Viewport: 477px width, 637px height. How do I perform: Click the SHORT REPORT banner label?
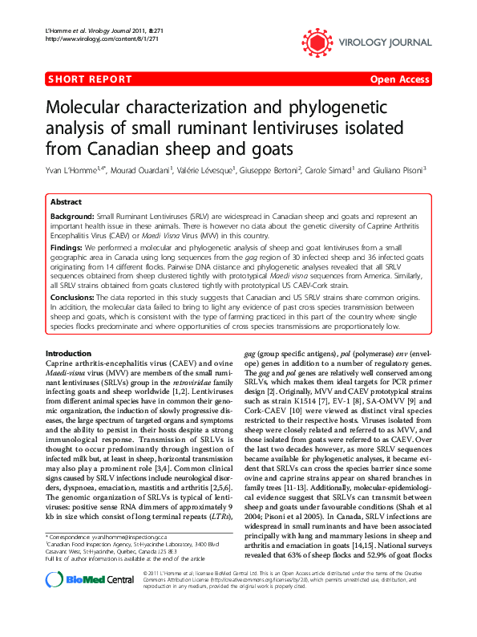(x=90, y=79)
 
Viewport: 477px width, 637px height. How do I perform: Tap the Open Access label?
(x=398, y=79)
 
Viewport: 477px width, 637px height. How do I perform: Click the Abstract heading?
(x=66, y=202)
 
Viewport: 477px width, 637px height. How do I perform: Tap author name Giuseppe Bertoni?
(x=271, y=171)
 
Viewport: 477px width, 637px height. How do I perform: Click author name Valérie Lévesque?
(x=207, y=171)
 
